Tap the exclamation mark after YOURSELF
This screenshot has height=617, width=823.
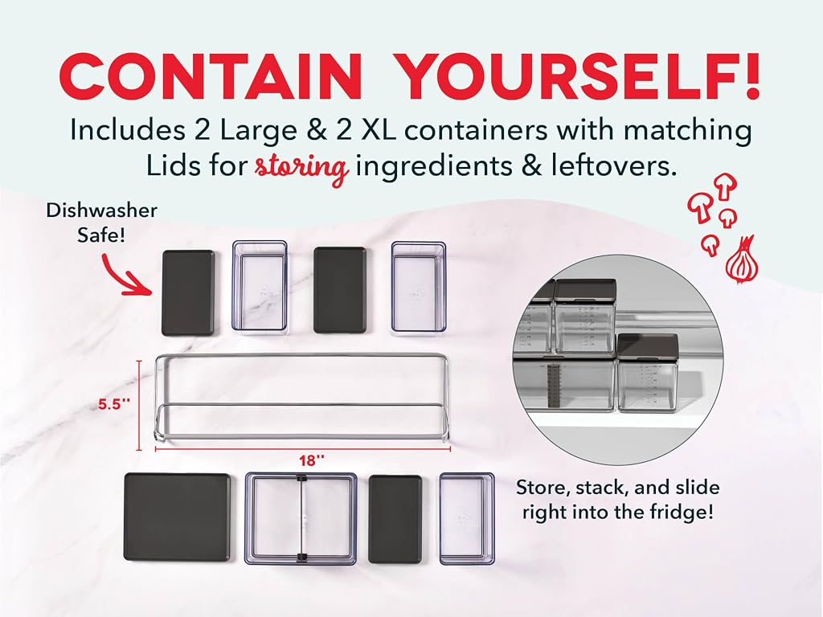click(751, 76)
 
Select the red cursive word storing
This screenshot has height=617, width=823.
click(301, 168)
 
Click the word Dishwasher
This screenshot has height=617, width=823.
click(102, 210)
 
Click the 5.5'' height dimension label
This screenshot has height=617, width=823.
click(114, 404)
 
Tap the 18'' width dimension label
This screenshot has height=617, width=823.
click(312, 460)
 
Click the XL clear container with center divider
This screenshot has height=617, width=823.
click(301, 518)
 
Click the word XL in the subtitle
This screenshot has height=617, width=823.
click(375, 130)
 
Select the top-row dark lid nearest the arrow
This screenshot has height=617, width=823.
click(188, 292)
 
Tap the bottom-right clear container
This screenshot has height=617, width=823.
click(467, 518)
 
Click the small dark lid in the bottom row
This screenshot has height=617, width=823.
click(395, 518)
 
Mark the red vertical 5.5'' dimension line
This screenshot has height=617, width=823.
click(140, 405)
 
